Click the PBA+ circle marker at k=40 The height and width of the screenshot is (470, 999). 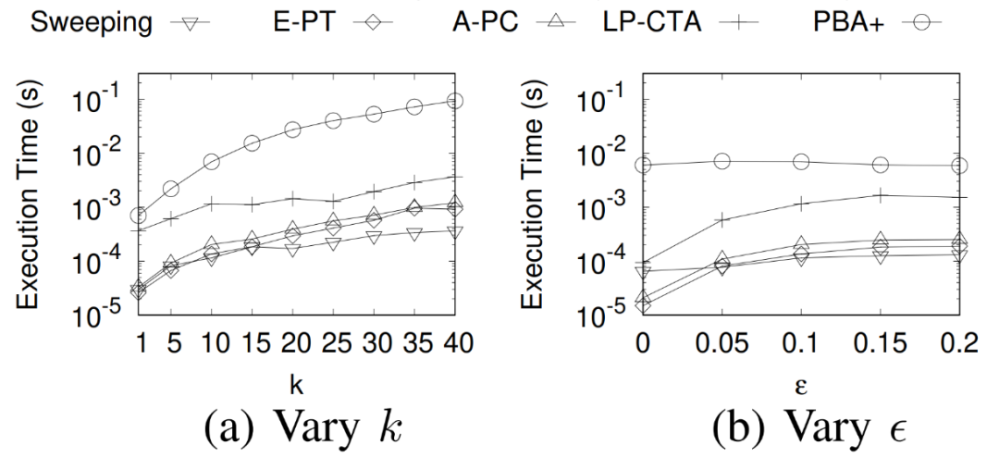[x=455, y=100]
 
